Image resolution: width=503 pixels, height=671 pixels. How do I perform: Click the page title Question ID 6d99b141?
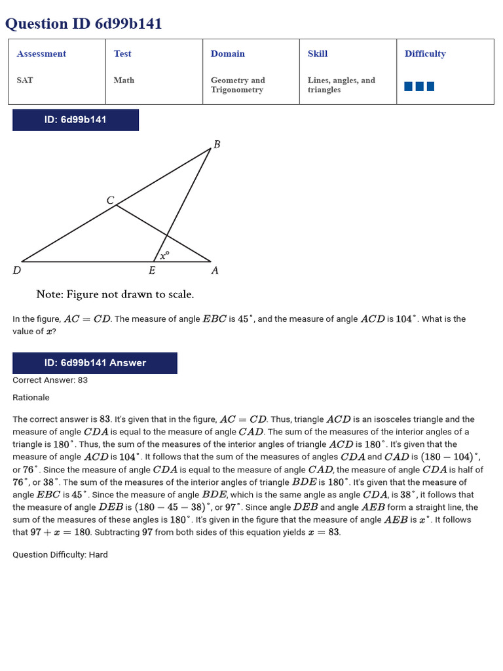(x=83, y=24)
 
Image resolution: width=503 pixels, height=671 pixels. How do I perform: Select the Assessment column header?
(x=41, y=54)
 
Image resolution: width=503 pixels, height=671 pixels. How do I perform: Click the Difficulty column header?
(x=425, y=54)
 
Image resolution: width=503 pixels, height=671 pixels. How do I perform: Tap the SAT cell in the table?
(x=25, y=80)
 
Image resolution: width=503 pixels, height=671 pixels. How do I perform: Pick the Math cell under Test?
(x=124, y=80)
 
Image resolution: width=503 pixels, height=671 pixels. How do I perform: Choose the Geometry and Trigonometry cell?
(x=238, y=85)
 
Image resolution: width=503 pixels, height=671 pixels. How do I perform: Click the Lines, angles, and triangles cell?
(x=341, y=85)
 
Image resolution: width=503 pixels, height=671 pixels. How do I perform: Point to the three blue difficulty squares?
(x=419, y=86)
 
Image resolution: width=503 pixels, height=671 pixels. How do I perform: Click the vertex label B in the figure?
(x=217, y=144)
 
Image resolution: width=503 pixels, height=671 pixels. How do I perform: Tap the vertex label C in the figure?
(x=110, y=201)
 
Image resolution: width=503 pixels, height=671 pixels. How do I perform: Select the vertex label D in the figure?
(x=16, y=270)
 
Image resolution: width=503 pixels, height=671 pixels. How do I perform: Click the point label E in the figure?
(x=152, y=270)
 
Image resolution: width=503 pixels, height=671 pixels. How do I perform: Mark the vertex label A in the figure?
(x=215, y=270)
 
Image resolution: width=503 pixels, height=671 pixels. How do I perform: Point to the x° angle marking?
(x=165, y=255)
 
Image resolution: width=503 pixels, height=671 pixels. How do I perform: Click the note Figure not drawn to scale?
(x=115, y=295)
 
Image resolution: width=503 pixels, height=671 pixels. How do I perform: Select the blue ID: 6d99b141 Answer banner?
(x=95, y=363)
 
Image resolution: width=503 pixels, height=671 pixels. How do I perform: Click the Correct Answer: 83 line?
(x=50, y=380)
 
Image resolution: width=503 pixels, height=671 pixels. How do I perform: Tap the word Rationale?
(x=31, y=398)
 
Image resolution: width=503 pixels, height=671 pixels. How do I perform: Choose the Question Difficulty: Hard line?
(x=60, y=555)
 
